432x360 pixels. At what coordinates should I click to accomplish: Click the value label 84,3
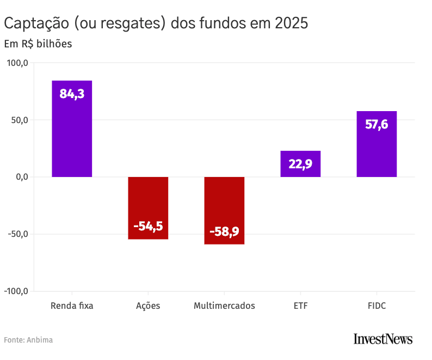(x=72, y=94)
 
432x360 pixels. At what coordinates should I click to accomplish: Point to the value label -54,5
(x=148, y=226)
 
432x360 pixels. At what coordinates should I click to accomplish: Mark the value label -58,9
(x=224, y=231)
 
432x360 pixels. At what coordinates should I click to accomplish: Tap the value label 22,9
(x=300, y=163)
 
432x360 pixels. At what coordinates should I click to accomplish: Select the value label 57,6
(x=377, y=124)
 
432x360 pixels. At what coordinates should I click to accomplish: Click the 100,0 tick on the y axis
(x=17, y=63)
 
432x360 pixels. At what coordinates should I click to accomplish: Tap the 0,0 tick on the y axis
(x=21, y=177)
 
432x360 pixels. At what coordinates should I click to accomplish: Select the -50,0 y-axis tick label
(x=17, y=234)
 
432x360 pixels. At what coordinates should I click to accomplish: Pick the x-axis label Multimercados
(x=224, y=306)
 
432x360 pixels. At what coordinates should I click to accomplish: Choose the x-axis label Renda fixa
(x=72, y=306)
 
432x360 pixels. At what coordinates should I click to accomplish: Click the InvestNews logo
(x=382, y=339)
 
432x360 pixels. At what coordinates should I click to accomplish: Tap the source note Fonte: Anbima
(x=28, y=340)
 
